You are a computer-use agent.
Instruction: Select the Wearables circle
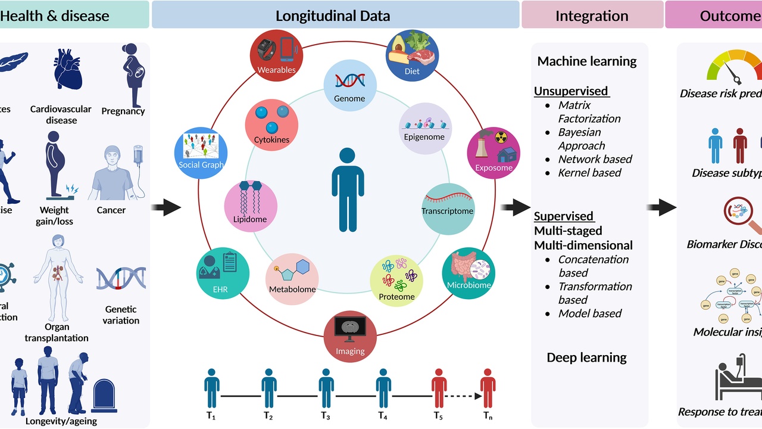[x=276, y=56]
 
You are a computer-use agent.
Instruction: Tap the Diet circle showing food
[x=412, y=56]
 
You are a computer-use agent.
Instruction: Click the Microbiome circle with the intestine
[x=469, y=273]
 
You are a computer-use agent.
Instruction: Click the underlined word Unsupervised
[x=571, y=91]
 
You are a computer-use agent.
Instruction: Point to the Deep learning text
[x=586, y=357]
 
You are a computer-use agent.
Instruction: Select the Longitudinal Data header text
[x=333, y=16]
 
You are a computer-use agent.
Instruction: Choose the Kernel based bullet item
[x=589, y=173]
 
